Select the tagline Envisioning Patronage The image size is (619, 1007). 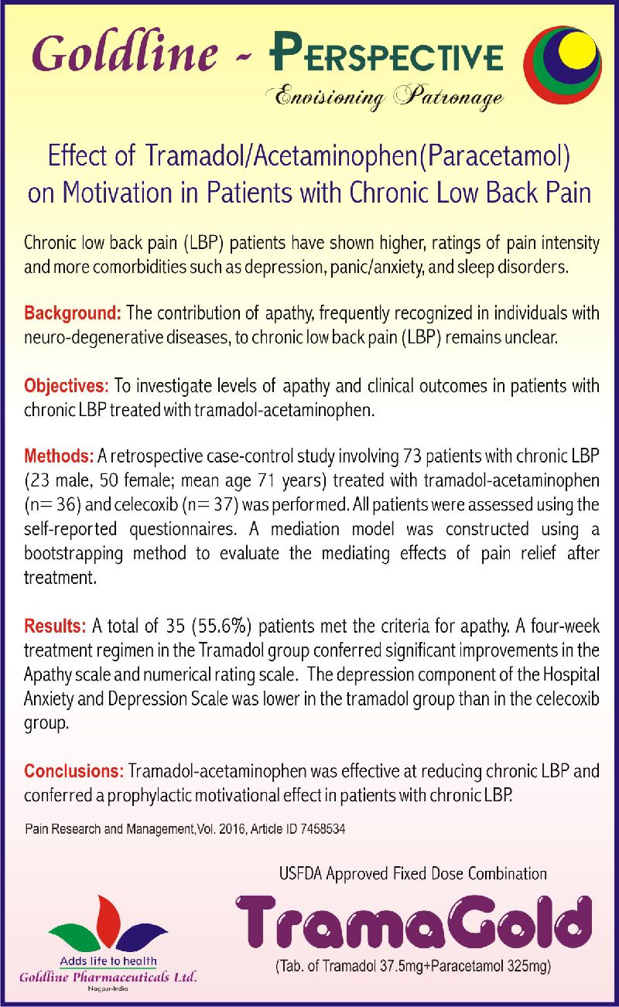[385, 97]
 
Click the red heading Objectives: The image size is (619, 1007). [68, 384]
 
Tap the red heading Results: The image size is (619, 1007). [56, 625]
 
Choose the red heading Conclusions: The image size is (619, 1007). [74, 771]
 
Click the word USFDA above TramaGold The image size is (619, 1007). [300, 874]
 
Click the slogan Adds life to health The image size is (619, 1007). [108, 961]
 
